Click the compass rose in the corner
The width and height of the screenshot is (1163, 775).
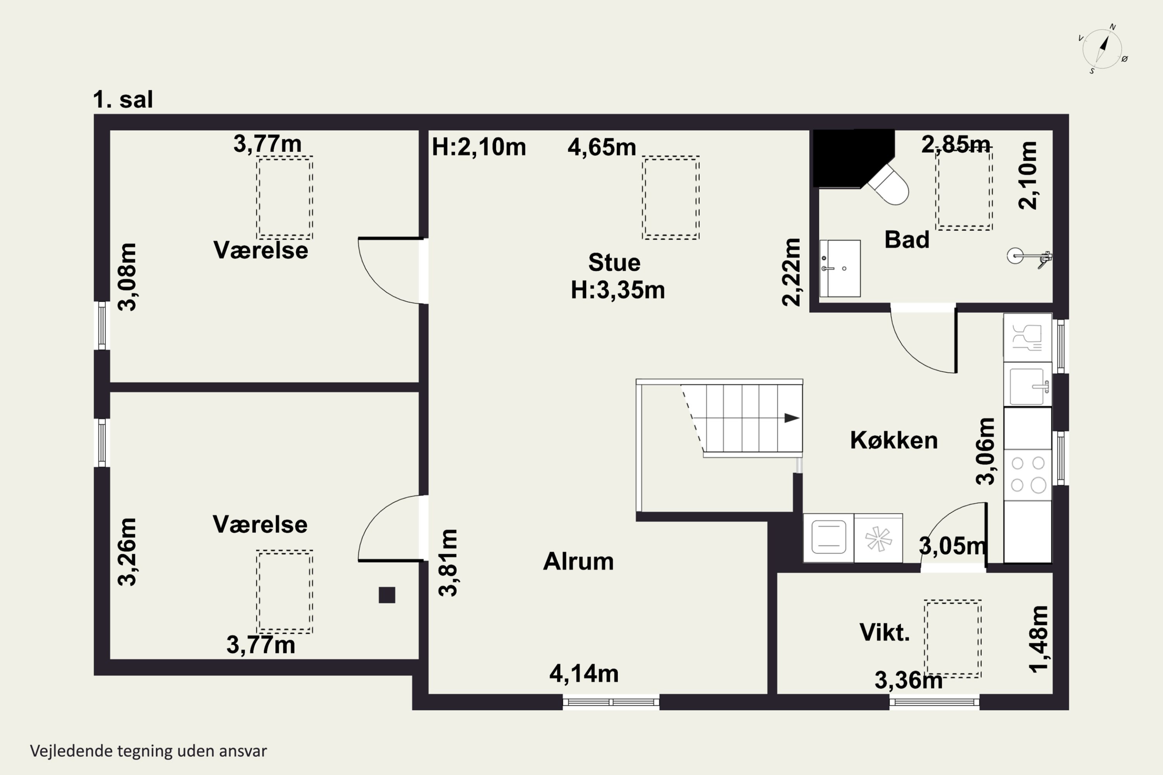[1103, 49]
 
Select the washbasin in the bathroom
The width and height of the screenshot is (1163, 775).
[840, 269]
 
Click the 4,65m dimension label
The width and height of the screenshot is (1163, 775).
[602, 147]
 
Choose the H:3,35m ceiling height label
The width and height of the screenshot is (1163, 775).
[618, 290]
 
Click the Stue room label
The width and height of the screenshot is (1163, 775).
[614, 262]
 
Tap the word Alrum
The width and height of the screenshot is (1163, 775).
[578, 561]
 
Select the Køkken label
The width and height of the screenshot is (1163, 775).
[894, 440]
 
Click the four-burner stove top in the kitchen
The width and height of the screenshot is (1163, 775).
[1028, 474]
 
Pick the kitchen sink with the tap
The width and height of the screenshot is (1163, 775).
[1028, 384]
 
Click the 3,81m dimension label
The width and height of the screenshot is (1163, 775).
[449, 563]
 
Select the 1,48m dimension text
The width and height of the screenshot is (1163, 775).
[1039, 639]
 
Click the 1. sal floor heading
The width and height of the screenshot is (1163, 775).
[123, 99]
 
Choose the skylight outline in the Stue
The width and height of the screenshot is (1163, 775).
[671, 198]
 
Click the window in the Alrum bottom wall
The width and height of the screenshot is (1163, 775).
[611, 702]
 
